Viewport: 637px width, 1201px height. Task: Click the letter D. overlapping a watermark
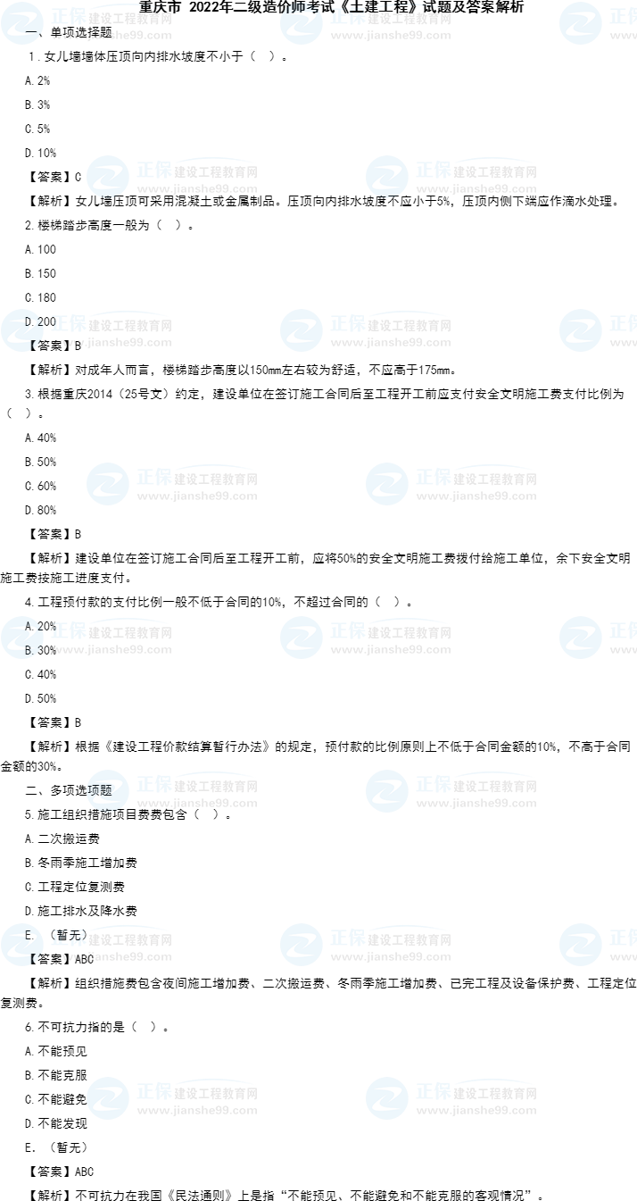tap(29, 321)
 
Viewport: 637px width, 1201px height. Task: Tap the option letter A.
tap(29, 627)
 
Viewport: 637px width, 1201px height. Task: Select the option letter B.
tap(29, 650)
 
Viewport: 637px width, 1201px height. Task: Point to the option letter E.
tap(29, 935)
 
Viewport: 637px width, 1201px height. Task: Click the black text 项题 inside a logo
tap(100, 790)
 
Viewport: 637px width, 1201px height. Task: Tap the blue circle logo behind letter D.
tap(21, 330)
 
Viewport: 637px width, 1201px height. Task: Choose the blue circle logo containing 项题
tap(108, 791)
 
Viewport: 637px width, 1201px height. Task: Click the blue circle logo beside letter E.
tap(21, 945)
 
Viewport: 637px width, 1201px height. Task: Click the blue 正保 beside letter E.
tap(68, 938)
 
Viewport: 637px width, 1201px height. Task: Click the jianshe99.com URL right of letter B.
tap(112, 649)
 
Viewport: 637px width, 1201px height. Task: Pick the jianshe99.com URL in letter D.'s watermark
tap(112, 342)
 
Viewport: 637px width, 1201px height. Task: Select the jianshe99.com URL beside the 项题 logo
tap(197, 803)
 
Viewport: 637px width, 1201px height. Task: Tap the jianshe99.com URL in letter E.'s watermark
tap(112, 956)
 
